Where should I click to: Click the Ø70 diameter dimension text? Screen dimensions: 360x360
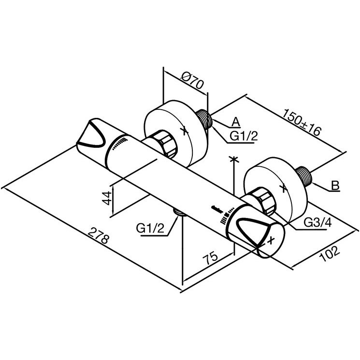192,81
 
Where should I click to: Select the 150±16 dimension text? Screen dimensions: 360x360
301,122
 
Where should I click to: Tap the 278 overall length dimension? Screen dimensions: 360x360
98,235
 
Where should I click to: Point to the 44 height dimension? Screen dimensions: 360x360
107,198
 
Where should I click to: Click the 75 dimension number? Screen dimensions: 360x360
210,258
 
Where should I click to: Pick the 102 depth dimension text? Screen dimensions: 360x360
330,254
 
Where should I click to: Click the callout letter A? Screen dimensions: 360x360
235,122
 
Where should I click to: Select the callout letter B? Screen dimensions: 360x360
335,186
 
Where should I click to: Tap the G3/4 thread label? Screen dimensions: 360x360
318,222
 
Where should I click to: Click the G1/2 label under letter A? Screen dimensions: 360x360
244,136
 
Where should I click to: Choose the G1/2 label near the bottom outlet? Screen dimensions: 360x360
150,228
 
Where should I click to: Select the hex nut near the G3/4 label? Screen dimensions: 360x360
263,201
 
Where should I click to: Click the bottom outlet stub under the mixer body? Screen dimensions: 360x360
180,212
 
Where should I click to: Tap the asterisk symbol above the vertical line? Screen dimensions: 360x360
234,159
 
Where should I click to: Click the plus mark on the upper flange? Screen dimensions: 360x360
184,131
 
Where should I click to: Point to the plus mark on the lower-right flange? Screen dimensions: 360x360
284,188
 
